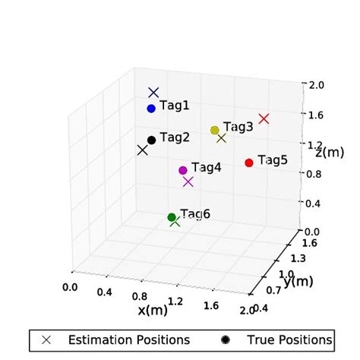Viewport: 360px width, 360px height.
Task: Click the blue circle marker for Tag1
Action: coord(151,109)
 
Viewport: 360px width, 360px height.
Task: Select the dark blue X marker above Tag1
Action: coord(153,93)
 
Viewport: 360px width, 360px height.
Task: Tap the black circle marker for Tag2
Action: coord(152,140)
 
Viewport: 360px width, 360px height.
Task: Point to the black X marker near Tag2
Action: coord(142,150)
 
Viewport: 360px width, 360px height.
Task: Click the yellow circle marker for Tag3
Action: coord(215,130)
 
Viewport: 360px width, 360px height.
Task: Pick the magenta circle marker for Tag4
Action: coord(183,170)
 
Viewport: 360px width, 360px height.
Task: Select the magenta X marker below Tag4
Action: coord(188,182)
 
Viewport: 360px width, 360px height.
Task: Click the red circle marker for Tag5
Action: coord(249,163)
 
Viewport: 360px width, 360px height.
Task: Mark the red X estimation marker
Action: coord(264,118)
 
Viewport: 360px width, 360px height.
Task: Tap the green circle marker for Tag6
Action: coord(172,217)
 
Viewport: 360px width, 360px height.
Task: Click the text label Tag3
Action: coord(238,127)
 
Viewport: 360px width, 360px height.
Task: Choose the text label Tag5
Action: coord(273,160)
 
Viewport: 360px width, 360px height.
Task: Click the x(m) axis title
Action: coord(153,310)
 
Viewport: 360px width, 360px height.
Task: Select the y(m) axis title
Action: coord(298,281)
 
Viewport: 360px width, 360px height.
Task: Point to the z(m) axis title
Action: coord(330,153)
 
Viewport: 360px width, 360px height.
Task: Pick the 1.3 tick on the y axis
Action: coord(297,258)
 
